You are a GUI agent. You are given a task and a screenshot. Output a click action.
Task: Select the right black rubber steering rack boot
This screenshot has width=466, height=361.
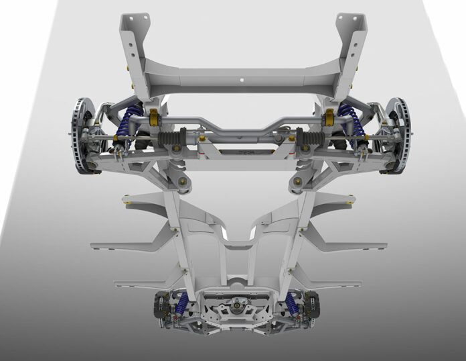[311, 139]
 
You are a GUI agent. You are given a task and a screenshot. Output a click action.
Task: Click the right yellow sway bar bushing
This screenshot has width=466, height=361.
[328, 119]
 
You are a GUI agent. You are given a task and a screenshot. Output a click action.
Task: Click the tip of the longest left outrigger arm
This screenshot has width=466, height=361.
[94, 246]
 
